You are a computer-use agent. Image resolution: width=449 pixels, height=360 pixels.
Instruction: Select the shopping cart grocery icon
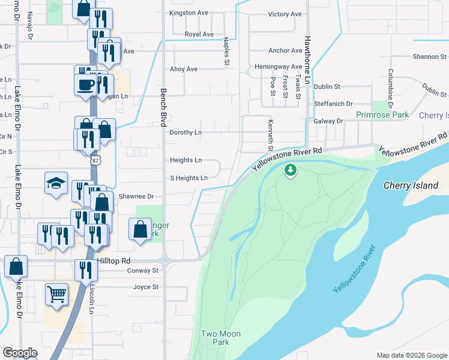point(56,295)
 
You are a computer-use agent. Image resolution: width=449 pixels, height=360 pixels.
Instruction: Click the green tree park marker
point(291,170)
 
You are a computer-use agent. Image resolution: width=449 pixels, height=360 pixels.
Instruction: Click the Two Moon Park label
point(220,338)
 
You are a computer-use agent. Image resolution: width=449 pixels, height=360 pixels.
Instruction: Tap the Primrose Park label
point(382,115)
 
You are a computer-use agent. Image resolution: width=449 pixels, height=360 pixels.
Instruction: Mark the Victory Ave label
point(285,14)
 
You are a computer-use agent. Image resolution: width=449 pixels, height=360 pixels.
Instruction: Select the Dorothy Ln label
point(185,133)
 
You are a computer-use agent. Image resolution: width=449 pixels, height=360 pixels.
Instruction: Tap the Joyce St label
point(146,287)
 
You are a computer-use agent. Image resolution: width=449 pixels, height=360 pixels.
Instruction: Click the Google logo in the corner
point(20,353)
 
